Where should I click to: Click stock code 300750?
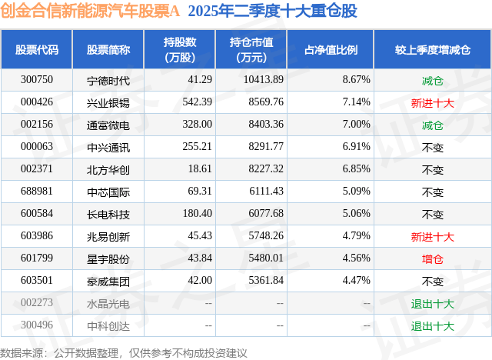(x=37, y=80)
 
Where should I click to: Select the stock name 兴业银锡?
(x=108, y=102)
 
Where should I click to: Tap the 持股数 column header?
(x=180, y=50)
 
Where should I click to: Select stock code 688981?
(x=37, y=192)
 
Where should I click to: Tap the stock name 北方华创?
(x=108, y=169)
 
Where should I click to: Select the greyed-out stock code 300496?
(x=37, y=326)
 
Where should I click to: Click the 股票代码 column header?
(x=37, y=50)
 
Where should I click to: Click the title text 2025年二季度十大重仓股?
(x=272, y=12)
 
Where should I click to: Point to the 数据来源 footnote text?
(x=124, y=352)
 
